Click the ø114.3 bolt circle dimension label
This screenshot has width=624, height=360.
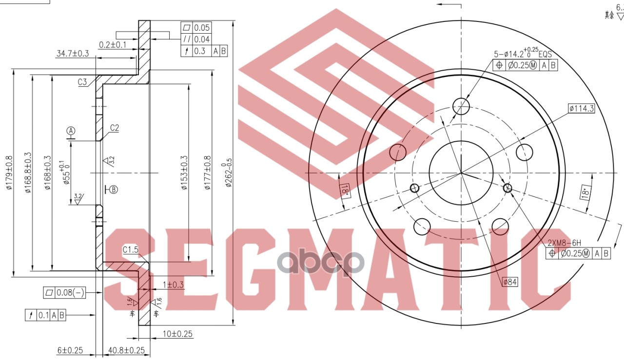(x=581, y=109)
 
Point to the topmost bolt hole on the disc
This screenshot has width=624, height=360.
(x=461, y=105)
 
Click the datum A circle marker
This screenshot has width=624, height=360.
(x=71, y=131)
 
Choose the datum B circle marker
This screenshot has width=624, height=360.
(x=113, y=189)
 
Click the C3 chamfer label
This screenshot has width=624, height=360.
(x=82, y=82)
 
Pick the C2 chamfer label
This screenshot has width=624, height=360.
(x=115, y=128)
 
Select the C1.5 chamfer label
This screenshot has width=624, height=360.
(x=131, y=250)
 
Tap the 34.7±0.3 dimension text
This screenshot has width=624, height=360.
(x=72, y=54)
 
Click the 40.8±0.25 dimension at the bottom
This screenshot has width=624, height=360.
(x=126, y=350)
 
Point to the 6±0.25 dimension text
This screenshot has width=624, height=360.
(x=70, y=350)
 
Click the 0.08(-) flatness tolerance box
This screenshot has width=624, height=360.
(x=65, y=292)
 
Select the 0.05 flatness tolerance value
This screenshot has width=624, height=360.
(x=202, y=27)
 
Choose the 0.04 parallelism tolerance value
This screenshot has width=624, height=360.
(x=202, y=39)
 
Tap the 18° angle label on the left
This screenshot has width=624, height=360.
(x=345, y=190)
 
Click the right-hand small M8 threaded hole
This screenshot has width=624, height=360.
(x=507, y=188)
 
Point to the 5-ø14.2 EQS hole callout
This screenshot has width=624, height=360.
(x=523, y=54)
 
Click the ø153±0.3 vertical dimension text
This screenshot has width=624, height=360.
(x=184, y=173)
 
